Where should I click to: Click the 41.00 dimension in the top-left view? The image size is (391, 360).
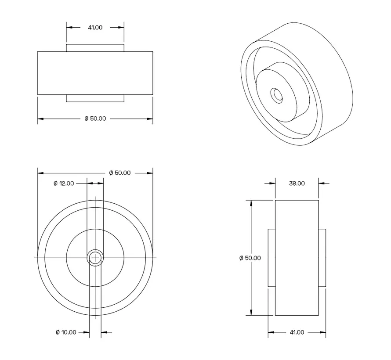[95, 27]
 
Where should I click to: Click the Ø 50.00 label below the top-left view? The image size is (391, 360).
[95, 119]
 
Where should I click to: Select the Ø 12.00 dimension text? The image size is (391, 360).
[64, 183]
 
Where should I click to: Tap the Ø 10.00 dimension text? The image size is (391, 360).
[66, 332]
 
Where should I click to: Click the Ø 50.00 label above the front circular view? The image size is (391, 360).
[119, 173]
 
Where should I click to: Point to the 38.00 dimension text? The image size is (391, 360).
[297, 184]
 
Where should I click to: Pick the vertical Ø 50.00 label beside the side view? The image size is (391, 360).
[250, 258]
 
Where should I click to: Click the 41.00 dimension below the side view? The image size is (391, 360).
[297, 332]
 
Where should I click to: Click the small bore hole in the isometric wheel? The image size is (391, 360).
[277, 94]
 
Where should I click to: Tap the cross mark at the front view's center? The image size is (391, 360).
[95, 258]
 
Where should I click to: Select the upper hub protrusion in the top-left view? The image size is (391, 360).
[95, 47]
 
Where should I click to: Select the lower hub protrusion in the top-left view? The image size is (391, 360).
[95, 98]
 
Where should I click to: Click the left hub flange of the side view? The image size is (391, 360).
[272, 258]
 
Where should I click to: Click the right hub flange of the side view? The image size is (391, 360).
[322, 258]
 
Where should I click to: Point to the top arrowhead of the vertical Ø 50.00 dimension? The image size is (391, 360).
[251, 203]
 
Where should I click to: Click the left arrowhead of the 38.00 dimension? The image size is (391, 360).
[272, 184]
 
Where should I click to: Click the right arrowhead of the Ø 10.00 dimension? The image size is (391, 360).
[104, 332]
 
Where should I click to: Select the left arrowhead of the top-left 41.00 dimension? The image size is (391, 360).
[69, 27]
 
